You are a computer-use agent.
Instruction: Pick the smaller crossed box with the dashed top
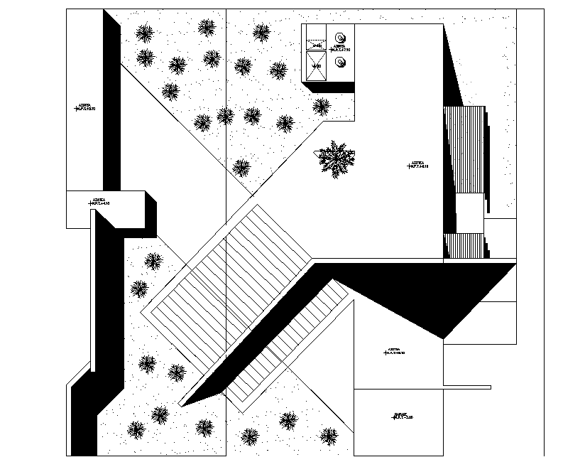point(317,45)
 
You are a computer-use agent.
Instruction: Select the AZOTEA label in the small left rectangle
point(99,202)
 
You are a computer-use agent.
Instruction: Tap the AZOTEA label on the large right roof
point(419,165)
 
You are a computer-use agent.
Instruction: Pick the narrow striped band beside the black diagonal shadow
point(291,348)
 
